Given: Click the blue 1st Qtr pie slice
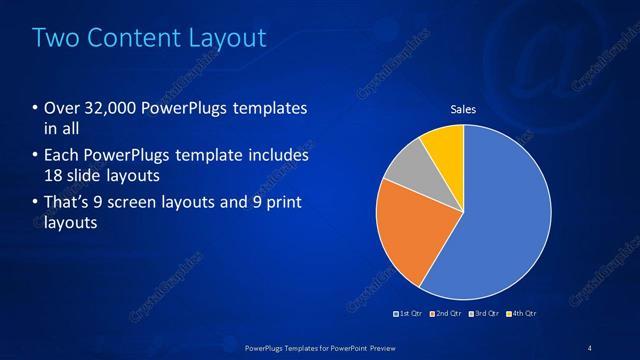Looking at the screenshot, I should point(505,215).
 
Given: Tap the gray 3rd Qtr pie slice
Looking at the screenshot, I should point(407,169).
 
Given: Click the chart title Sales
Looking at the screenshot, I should point(463,109).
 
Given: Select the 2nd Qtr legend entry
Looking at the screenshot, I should point(447,314).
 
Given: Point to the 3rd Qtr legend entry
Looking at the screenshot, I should point(484,314).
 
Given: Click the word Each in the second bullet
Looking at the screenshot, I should point(60,156).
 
